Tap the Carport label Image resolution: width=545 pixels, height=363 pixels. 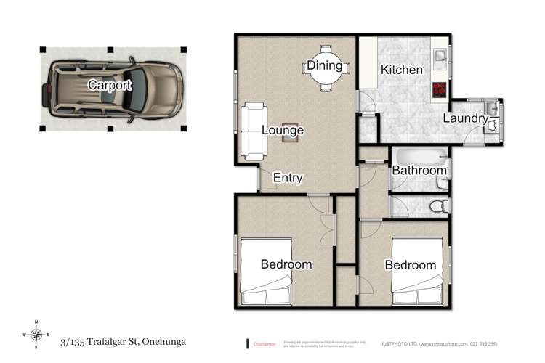point(110,85)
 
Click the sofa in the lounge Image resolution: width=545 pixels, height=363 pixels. point(254,131)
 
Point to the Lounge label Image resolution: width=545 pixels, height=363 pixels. point(283,131)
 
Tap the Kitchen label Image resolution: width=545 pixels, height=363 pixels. point(402,70)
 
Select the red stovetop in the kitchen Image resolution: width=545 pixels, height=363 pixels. point(440,91)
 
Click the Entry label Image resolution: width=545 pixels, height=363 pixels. point(287,178)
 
